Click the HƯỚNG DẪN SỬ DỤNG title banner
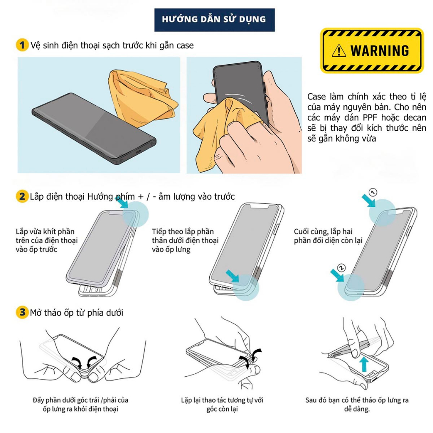tap(214, 19)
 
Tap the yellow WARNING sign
tap(372, 51)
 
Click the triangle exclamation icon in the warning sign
tap(339, 51)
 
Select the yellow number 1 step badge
tap(22, 45)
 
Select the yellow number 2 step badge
tap(22, 197)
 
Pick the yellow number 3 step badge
tap(22, 313)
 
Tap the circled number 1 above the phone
tap(373, 193)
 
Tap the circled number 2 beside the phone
tap(342, 268)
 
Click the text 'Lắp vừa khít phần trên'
tap(45, 232)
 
